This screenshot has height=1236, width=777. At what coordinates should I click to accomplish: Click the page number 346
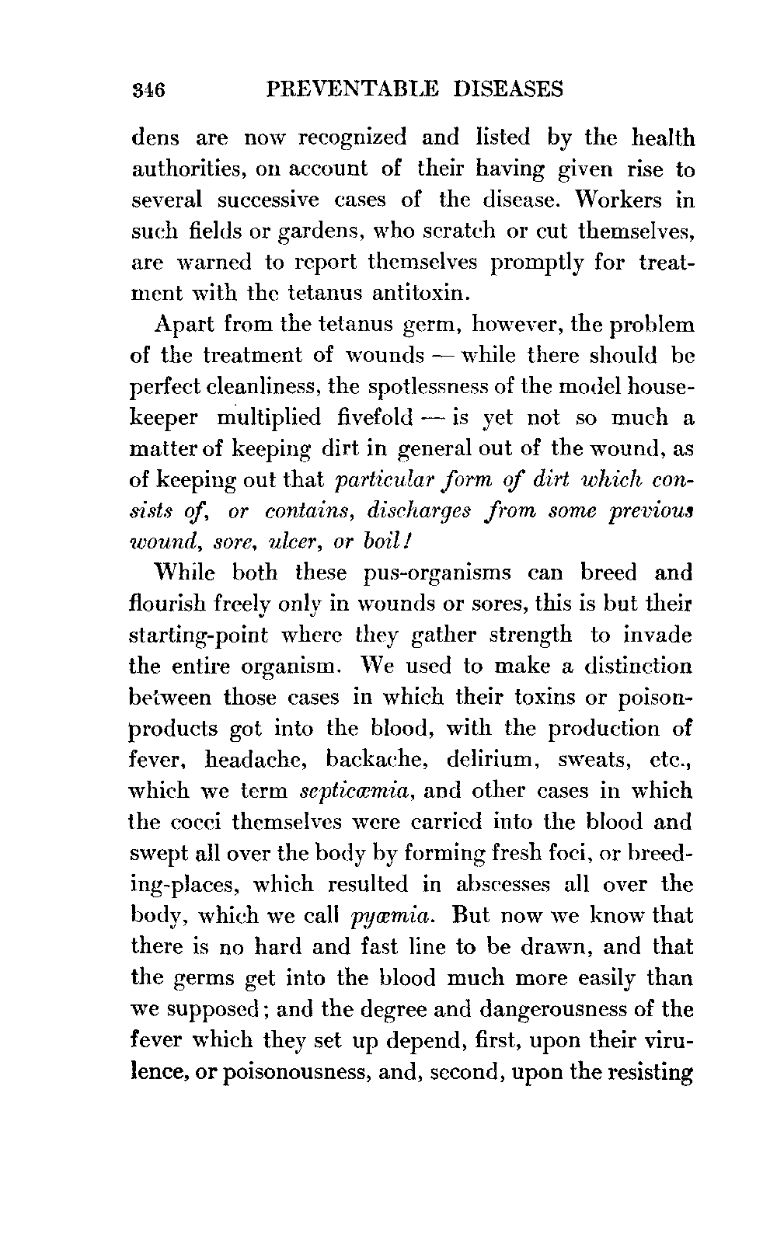[146, 90]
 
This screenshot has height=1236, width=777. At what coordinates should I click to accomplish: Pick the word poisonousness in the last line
[254, 1072]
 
